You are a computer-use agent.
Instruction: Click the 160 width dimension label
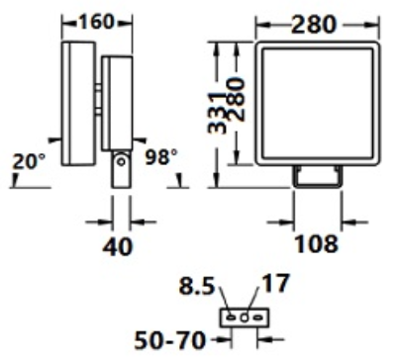tap(96, 22)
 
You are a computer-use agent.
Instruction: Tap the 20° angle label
tap(29, 162)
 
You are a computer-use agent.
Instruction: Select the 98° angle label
tap(161, 157)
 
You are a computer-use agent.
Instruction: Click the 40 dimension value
tap(118, 246)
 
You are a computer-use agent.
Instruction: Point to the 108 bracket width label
tap(317, 244)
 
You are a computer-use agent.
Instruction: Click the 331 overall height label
tap(218, 112)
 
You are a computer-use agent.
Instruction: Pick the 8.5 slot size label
tap(197, 286)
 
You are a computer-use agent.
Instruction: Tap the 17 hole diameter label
tap(275, 284)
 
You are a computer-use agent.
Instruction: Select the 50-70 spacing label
tap(169, 340)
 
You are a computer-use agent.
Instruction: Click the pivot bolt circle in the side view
tap(122, 162)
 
